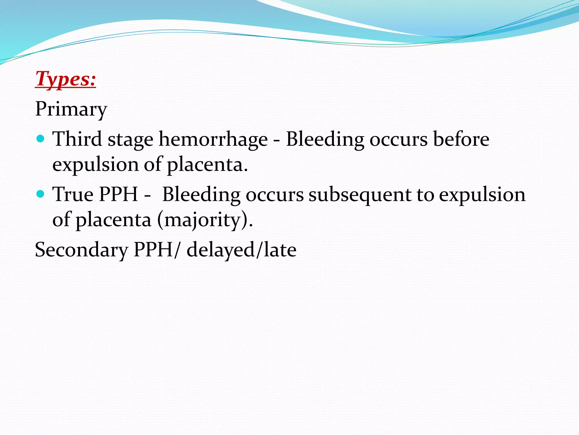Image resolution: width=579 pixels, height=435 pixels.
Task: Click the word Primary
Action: tap(71, 109)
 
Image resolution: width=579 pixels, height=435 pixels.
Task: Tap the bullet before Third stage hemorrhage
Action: tap(41, 139)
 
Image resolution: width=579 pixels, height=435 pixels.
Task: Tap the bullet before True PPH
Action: tap(41, 194)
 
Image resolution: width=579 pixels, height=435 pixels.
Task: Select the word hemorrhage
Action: tap(213, 139)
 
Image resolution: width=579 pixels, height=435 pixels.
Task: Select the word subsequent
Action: tap(360, 195)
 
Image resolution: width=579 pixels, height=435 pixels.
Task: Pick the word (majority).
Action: tap(205, 220)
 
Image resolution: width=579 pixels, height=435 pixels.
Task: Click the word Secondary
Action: tap(81, 250)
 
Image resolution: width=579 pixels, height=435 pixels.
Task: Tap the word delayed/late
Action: tap(241, 250)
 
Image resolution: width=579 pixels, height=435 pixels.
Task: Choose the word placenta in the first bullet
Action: tap(207, 165)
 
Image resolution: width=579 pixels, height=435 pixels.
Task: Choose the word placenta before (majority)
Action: tap(113, 220)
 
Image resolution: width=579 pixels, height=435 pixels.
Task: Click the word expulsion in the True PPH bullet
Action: tap(482, 195)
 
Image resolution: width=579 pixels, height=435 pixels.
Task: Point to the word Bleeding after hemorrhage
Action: tap(325, 139)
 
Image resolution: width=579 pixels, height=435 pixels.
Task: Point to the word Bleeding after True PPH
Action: tap(201, 195)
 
